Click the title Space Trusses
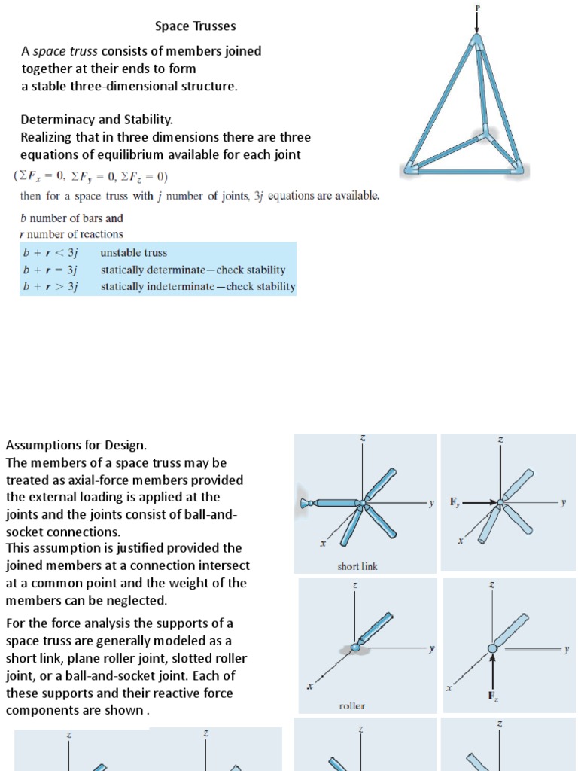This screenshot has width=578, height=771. click(195, 26)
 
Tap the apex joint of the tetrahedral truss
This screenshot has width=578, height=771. click(476, 41)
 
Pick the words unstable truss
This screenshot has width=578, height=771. click(133, 253)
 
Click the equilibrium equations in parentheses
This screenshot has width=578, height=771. click(91, 177)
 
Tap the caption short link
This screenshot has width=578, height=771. click(357, 566)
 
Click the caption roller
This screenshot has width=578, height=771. click(351, 706)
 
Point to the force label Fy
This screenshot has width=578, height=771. click(455, 501)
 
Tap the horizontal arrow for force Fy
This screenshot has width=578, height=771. click(479, 502)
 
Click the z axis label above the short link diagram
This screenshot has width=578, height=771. click(362, 438)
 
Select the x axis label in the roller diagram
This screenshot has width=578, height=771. click(309, 687)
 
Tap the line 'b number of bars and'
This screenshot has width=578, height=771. click(71, 218)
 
